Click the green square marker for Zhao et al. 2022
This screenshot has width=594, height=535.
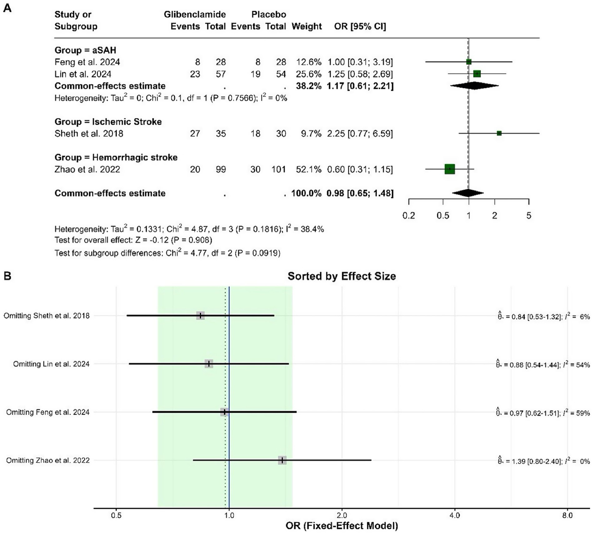[x=449, y=169]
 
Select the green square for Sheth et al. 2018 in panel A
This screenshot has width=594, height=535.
[x=499, y=134]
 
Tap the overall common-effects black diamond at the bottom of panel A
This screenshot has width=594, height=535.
[x=468, y=193]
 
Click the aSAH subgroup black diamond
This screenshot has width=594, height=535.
[x=474, y=86]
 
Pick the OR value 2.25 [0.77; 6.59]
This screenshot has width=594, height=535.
[x=360, y=134]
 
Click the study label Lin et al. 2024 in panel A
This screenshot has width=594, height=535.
[x=83, y=74]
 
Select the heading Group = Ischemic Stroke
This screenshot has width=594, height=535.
[x=108, y=122]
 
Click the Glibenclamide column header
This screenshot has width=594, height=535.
[x=195, y=15]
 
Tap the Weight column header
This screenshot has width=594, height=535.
[x=306, y=26]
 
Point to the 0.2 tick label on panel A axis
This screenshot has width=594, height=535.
[x=409, y=216]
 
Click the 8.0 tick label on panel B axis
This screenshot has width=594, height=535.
[x=567, y=515]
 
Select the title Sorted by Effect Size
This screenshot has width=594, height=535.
[x=341, y=276]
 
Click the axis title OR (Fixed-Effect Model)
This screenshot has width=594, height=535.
[x=341, y=526]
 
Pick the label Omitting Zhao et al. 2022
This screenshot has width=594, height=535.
[x=48, y=460]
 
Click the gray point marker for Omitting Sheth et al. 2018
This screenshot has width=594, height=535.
[x=200, y=316]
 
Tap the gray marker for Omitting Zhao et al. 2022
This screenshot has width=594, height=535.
[x=282, y=460]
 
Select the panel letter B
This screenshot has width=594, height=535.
[x=7, y=276]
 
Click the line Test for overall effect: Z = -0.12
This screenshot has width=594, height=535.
[x=133, y=240]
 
